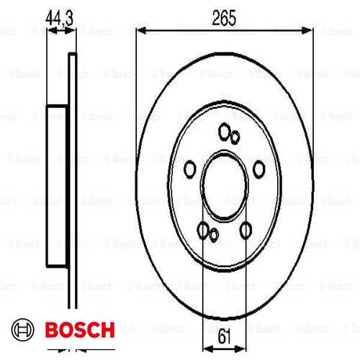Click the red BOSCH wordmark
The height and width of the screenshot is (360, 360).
pyautogui.click(x=78, y=331)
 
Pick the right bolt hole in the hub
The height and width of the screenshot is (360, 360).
pyautogui.click(x=258, y=168)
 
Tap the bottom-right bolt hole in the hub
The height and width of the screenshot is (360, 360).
pyautogui.click(x=246, y=230)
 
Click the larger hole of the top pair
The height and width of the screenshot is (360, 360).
pyautogui.click(x=224, y=132)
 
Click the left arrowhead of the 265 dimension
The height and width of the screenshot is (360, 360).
pyautogui.click(x=141, y=30)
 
